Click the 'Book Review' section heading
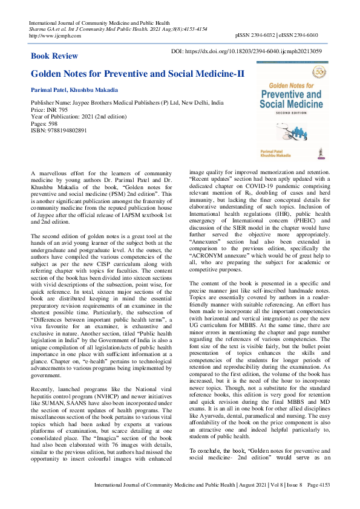click(54, 56)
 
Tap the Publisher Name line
click(130, 103)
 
